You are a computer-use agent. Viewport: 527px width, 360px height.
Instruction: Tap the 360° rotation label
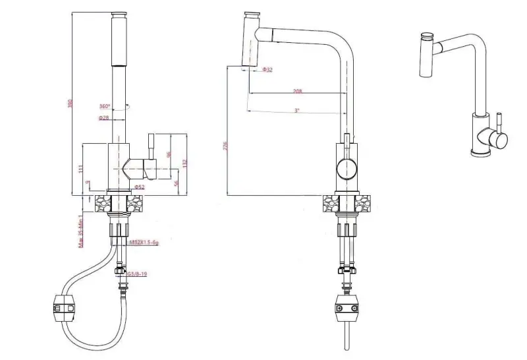coord(104,106)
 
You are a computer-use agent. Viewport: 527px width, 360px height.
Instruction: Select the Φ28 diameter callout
coord(103,117)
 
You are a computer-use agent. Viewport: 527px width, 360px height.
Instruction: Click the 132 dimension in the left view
coord(186,162)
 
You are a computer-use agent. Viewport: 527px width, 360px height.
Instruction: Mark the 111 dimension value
coord(80,169)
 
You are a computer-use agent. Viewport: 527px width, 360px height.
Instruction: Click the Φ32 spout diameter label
coord(267,70)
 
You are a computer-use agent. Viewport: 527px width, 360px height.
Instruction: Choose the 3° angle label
coord(297,110)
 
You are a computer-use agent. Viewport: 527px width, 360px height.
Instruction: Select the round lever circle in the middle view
coord(346,169)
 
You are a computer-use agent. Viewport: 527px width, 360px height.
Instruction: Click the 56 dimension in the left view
coord(176,183)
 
